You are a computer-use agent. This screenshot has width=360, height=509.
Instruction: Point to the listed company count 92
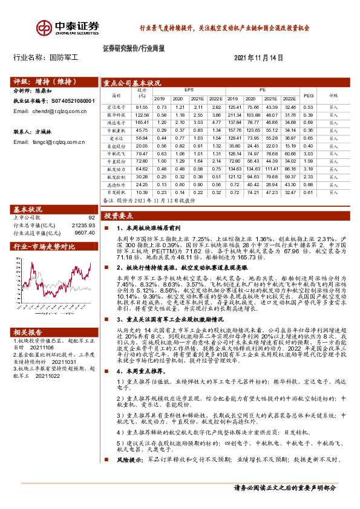point(91,217)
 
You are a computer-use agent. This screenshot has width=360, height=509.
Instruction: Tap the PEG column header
point(309,95)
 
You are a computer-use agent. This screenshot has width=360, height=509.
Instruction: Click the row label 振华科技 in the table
point(116,114)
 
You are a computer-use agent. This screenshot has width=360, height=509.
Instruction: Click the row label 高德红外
point(116,184)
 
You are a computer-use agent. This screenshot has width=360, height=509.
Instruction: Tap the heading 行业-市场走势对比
point(44,246)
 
